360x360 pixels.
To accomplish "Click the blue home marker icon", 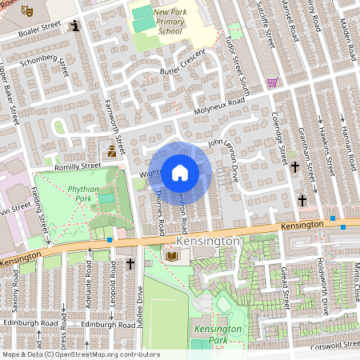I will [180, 172].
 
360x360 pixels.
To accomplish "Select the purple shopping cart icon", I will [272, 82].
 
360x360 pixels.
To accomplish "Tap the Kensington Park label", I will [217, 334].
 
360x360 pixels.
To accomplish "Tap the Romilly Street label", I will [78, 166].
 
